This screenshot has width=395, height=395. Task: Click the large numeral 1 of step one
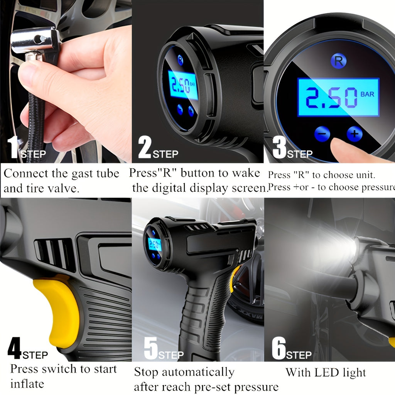pyautogui.click(x=13, y=147)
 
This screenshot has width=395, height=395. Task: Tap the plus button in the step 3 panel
pyautogui.click(x=354, y=134)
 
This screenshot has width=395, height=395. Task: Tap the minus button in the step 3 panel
pyautogui.click(x=322, y=134)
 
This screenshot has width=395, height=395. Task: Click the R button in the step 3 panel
pyautogui.click(x=338, y=61)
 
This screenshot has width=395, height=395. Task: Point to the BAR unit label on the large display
pyautogui.click(x=367, y=94)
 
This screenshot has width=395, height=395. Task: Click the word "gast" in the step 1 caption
pyautogui.click(x=83, y=174)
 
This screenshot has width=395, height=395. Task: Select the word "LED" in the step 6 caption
pyautogui.click(x=327, y=373)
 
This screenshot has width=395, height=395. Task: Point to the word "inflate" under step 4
pyautogui.click(x=27, y=384)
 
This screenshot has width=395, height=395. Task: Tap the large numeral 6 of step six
pyautogui.click(x=279, y=348)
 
